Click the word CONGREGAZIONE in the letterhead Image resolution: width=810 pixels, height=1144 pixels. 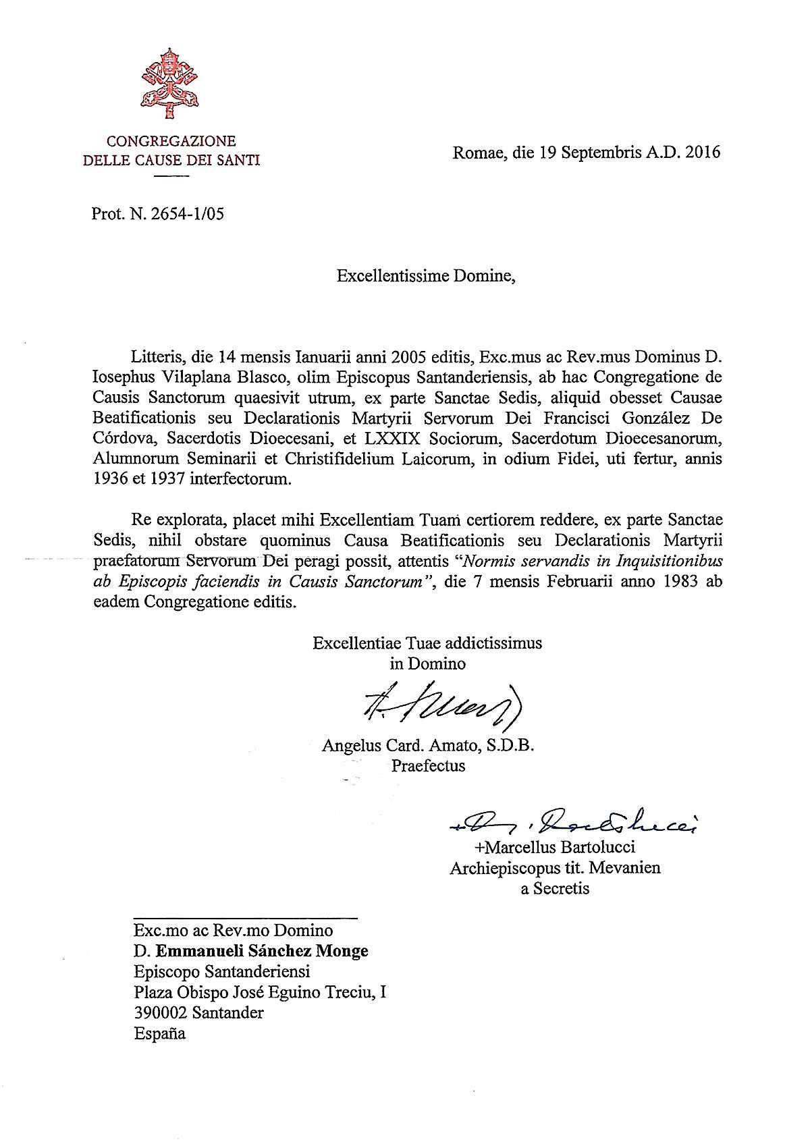tap(171, 141)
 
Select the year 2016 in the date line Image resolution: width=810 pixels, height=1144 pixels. tap(703, 152)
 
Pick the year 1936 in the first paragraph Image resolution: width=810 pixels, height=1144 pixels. tap(111, 480)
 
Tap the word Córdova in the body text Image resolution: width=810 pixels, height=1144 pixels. tap(124, 439)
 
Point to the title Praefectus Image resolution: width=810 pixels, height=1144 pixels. tap(428, 766)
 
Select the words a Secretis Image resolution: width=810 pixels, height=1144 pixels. tap(555, 889)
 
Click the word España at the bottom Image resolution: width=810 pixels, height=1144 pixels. tap(159, 1033)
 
